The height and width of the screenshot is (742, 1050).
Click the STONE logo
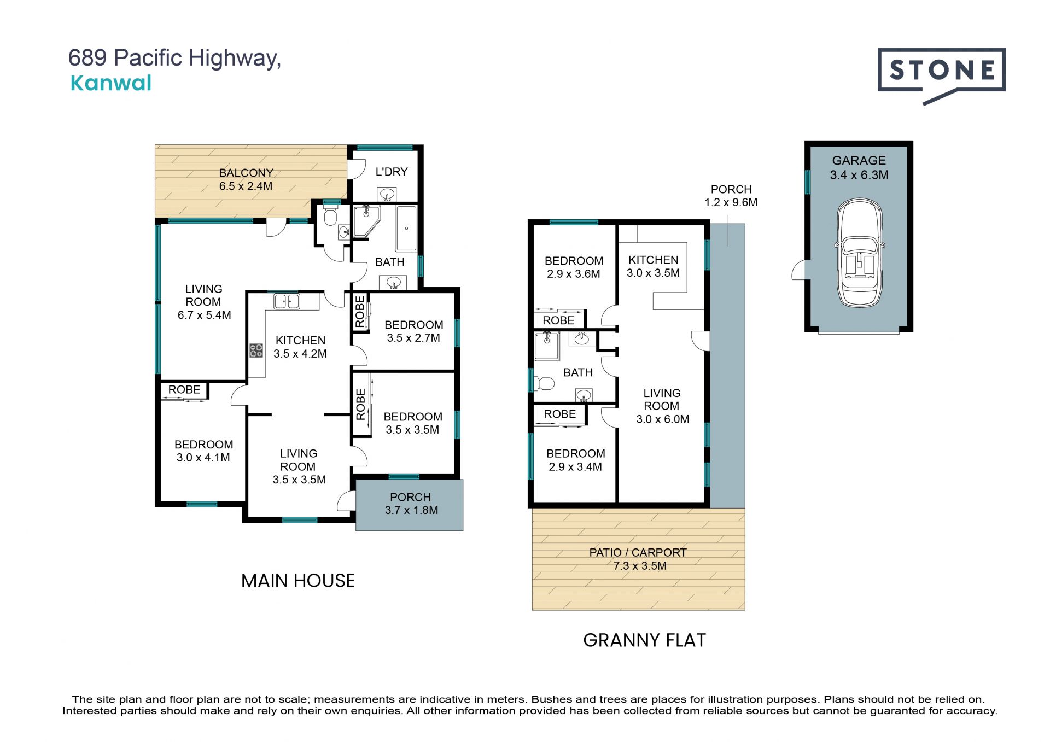(941, 76)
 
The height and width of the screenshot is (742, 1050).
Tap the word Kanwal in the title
(111, 83)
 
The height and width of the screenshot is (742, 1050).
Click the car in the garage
(859, 253)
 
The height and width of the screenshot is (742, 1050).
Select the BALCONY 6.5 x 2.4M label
(246, 179)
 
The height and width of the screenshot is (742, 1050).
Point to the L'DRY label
(392, 172)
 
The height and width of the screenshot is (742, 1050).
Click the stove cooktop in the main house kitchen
(256, 350)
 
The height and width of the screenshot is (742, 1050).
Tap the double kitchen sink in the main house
(287, 301)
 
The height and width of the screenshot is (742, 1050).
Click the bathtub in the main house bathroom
(406, 229)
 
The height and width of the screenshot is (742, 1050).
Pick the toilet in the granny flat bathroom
(544, 383)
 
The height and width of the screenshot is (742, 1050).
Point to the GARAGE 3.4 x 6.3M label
(859, 168)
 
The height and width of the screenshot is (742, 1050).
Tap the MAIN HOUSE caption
(298, 581)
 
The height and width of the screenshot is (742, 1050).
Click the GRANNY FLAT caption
(645, 640)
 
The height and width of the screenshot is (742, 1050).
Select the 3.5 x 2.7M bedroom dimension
(413, 338)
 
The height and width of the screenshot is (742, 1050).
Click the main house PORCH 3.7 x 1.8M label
(411, 504)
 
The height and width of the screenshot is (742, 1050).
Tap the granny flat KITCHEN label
(654, 260)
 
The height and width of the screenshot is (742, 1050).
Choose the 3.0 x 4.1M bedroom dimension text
(203, 458)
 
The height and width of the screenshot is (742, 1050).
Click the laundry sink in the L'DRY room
(387, 194)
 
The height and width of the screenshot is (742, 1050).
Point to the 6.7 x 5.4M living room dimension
(205, 315)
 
